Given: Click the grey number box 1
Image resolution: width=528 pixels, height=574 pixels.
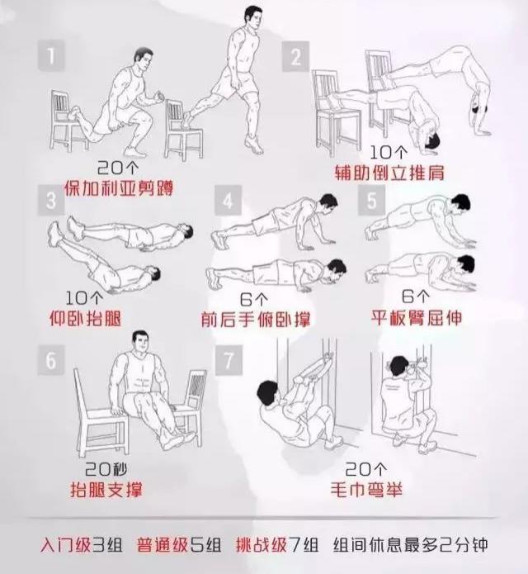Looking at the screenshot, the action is [x=51, y=56].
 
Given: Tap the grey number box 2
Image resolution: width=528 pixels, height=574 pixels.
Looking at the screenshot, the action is [x=296, y=56].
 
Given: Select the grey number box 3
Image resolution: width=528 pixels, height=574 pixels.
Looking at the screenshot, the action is [x=51, y=200].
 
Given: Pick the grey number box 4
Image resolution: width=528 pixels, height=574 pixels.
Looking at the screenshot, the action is [x=229, y=200].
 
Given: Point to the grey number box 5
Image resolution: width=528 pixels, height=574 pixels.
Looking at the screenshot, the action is [x=371, y=200].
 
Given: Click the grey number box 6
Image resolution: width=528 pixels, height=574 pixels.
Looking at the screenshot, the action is [x=51, y=360].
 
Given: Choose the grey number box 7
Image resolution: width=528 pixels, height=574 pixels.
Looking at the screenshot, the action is [x=229, y=360].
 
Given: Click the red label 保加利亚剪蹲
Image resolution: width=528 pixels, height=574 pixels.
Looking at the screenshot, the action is [x=119, y=188].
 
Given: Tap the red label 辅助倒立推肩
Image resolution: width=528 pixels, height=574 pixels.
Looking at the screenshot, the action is [x=389, y=173].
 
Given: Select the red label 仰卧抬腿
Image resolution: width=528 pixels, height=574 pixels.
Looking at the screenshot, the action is [x=85, y=318].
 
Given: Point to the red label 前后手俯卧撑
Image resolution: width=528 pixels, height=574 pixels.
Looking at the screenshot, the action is [x=256, y=319].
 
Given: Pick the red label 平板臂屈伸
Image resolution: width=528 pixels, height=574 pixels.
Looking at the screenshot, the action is [x=417, y=317].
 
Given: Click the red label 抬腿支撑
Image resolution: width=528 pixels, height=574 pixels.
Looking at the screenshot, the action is [x=106, y=489].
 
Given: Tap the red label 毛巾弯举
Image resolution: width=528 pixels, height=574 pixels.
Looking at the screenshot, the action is [x=366, y=489].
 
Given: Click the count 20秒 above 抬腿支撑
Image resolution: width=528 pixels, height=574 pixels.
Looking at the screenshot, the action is [x=106, y=469].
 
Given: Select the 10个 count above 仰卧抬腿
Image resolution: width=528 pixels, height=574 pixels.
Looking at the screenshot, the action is [x=83, y=298].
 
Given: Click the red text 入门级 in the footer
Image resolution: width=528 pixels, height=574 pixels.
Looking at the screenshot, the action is [x=65, y=545].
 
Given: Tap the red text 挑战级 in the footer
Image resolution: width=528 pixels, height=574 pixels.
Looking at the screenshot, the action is [x=262, y=545].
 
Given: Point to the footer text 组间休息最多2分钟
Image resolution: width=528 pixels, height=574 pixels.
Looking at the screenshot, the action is [x=411, y=545].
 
